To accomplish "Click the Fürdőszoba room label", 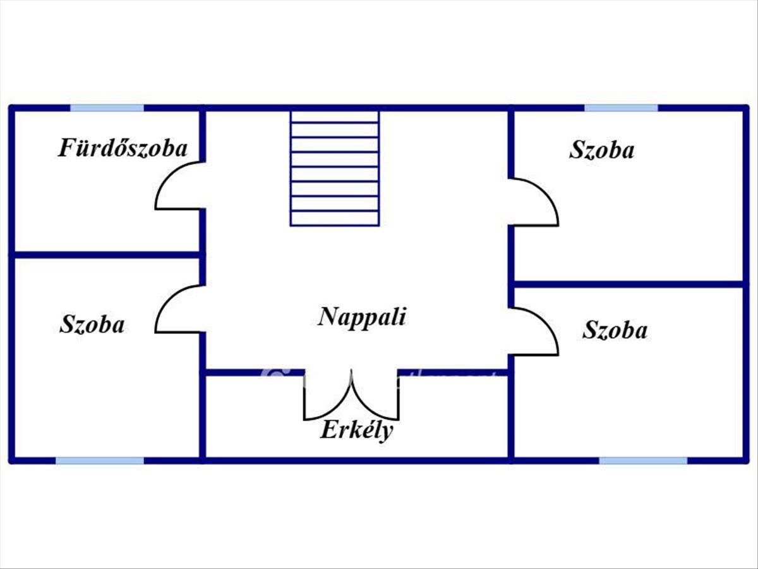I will click(x=123, y=149).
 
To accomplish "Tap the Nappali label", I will click(x=361, y=316).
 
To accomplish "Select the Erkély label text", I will click(x=357, y=431).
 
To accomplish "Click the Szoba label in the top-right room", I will click(x=601, y=150).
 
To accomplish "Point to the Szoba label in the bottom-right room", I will click(x=615, y=330).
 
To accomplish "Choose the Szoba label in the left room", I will click(x=92, y=324).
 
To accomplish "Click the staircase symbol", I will click(x=335, y=168).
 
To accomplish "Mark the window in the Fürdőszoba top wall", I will click(x=107, y=108).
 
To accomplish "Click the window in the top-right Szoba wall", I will click(x=621, y=108).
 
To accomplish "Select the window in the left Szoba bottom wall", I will click(x=100, y=460).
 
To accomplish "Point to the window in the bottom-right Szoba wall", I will click(x=643, y=460).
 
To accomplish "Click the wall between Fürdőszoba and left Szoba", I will click(x=107, y=255).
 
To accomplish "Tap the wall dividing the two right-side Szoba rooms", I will click(x=629, y=284).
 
